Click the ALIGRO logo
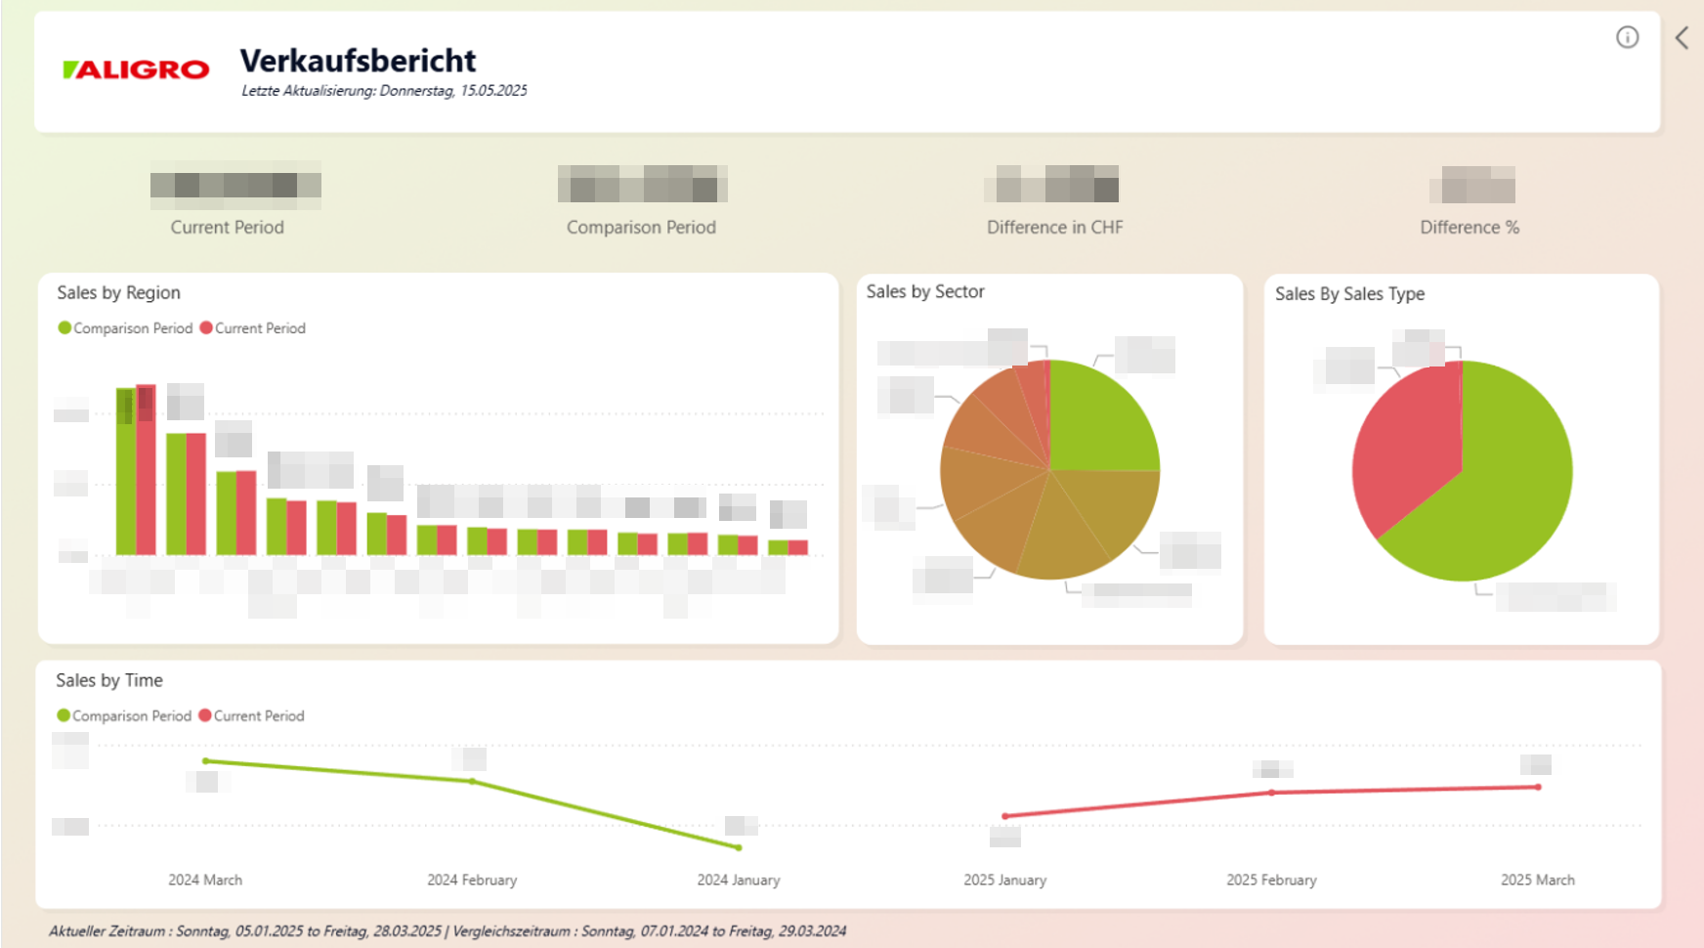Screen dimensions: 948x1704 [136, 69]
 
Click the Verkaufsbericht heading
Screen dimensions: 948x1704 [358, 61]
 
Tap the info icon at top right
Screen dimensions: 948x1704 [1627, 37]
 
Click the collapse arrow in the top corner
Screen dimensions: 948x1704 [1682, 38]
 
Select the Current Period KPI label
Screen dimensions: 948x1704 [227, 227]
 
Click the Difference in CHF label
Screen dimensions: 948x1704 [1054, 227]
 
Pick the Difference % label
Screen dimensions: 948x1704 [1469, 227]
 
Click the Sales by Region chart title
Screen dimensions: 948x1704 [118, 292]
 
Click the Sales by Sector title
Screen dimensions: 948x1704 [924, 291]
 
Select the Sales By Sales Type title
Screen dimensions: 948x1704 [1348, 293]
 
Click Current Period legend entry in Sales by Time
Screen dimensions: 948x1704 [252, 715]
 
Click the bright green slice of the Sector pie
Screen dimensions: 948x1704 [1099, 420]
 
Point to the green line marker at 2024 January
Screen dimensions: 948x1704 [739, 847]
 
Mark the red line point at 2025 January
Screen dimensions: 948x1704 [1005, 816]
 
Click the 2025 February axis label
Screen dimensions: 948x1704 [1271, 880]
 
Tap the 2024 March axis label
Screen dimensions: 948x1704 [205, 880]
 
